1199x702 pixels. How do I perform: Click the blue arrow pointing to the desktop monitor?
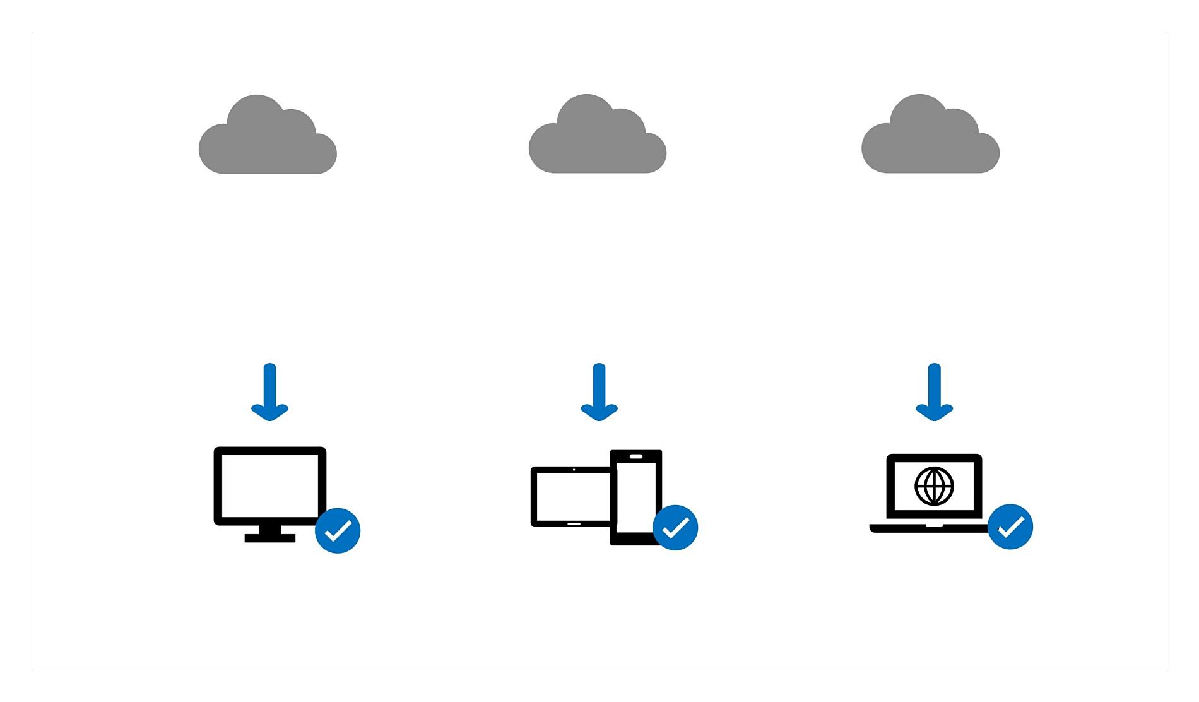tap(270, 392)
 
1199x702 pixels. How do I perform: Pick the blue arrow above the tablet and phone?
tap(599, 392)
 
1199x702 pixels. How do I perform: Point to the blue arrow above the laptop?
tap(935, 392)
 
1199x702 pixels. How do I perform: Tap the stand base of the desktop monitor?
tap(270, 538)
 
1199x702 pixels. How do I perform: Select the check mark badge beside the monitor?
tap(338, 531)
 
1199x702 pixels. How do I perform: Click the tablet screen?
tap(572, 496)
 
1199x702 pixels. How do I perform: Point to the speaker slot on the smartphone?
tap(636, 456)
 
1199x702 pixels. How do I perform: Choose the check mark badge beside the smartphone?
tap(675, 528)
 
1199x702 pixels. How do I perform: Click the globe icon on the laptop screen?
tap(934, 486)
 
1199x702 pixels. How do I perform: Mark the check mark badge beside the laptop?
tap(1010, 526)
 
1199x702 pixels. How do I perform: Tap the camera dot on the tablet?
tap(574, 470)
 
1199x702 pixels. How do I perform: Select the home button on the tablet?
tap(574, 523)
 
